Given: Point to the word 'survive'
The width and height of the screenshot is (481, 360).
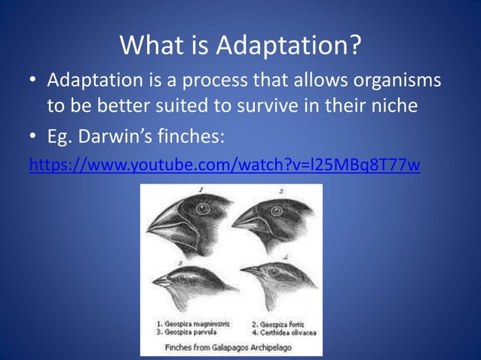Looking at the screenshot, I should pos(268,106).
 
